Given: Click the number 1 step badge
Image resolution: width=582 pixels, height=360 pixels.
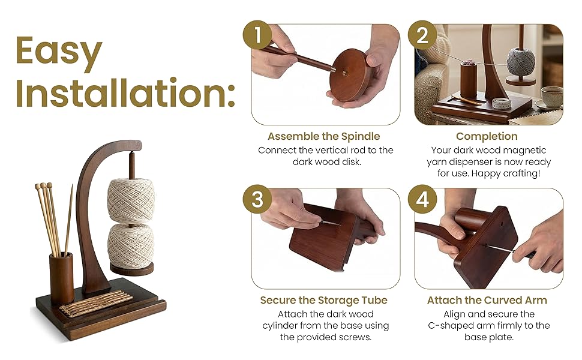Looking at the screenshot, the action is (x=257, y=35).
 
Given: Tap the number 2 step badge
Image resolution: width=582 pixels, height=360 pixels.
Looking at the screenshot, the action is (x=422, y=35).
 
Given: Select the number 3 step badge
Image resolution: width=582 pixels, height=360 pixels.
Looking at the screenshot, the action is (x=257, y=199).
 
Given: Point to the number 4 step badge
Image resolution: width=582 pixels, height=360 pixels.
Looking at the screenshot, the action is (x=422, y=199).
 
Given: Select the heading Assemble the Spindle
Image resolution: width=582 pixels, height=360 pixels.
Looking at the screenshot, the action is (x=323, y=136).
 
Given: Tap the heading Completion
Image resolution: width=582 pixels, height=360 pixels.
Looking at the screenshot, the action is (x=487, y=136).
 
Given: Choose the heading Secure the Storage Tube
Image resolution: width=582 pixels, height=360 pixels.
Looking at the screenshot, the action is (x=323, y=300).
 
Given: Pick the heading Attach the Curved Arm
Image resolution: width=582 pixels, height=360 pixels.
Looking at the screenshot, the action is (x=487, y=300).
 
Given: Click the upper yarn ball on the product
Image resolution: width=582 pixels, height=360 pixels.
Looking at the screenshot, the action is (x=131, y=201).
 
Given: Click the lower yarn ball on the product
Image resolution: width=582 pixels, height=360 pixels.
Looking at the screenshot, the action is (x=131, y=245).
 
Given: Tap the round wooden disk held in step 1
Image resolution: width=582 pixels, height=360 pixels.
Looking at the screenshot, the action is (x=351, y=75).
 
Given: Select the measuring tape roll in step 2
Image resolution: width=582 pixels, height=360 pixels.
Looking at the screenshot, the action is (x=502, y=103).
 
